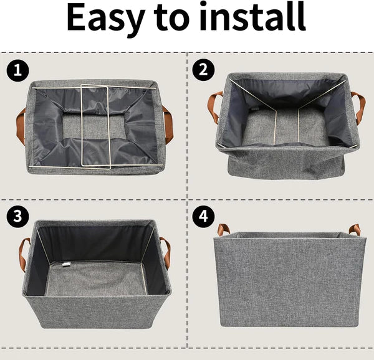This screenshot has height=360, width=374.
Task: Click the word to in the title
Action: (180, 19)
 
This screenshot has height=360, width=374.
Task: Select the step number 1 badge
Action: (18, 70)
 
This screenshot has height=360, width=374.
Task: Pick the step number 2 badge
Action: (203, 70)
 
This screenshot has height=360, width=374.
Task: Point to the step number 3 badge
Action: (18, 216)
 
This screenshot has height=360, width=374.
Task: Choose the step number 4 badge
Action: (203, 216)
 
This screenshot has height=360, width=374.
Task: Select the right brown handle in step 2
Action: (359, 106)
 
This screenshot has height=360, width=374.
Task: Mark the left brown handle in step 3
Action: (24, 252)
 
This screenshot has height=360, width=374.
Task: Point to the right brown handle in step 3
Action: (166, 252)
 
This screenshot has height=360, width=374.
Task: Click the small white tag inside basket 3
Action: (65, 266)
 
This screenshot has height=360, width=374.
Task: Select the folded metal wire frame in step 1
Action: (95, 127)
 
